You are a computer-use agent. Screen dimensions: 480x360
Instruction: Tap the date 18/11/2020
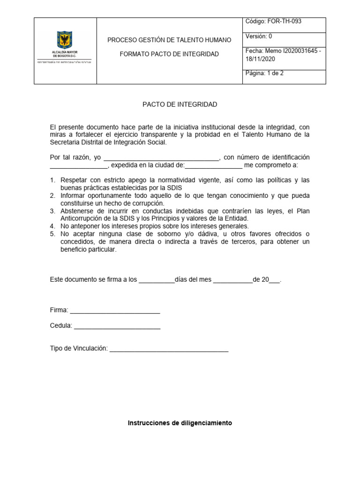click(260, 59)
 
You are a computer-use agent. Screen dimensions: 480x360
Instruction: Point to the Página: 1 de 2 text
click(265, 74)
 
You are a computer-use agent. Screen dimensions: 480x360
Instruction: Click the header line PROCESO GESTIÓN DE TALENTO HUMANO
click(169, 40)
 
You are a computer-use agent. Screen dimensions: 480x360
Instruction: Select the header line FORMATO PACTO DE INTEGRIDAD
click(169, 54)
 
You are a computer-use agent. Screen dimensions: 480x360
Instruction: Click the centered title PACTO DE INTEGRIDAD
click(180, 105)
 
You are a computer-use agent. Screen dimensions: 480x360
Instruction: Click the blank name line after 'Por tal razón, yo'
click(161, 158)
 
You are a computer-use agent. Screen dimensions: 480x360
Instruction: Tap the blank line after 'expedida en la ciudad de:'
click(214, 165)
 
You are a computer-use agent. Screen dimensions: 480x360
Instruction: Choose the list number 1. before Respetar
click(53, 180)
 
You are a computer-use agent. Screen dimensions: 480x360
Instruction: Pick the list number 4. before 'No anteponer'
click(53, 226)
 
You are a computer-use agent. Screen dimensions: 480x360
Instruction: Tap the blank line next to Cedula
click(117, 326)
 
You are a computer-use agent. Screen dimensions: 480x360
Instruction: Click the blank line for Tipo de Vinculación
click(169, 349)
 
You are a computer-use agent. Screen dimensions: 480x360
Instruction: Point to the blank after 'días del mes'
click(232, 280)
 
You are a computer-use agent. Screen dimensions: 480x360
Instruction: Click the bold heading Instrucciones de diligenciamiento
click(180, 423)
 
